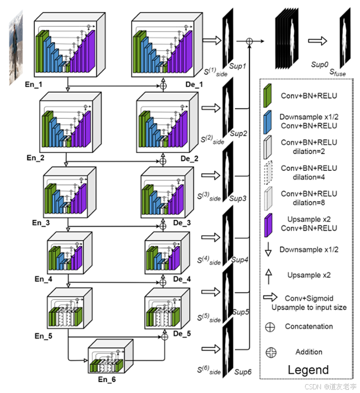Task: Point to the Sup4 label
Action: pos(240,259)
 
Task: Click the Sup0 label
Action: pos(320,64)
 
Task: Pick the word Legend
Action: pos(308,370)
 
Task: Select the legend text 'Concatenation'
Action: pos(309,326)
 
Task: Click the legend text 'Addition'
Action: pos(309,352)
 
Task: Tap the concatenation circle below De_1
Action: pos(163,86)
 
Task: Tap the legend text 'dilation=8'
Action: pos(309,202)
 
